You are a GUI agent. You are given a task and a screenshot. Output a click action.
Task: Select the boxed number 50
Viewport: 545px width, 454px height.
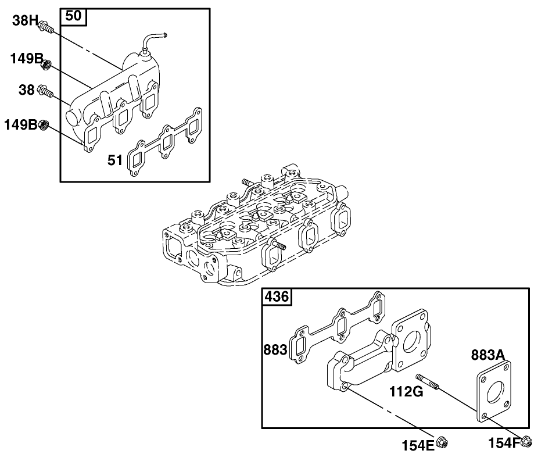point(73,16)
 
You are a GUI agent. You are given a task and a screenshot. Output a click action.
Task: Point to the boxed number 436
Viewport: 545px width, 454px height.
point(277,296)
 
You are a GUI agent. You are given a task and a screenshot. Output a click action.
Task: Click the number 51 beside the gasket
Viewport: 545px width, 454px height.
point(116,160)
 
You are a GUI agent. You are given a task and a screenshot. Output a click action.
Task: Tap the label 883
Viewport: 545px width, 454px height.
point(275,350)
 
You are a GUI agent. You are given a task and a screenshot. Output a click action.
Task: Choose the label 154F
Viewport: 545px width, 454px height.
point(503,444)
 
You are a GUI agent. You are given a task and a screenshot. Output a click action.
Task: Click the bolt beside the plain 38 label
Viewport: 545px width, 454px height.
point(45,91)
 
